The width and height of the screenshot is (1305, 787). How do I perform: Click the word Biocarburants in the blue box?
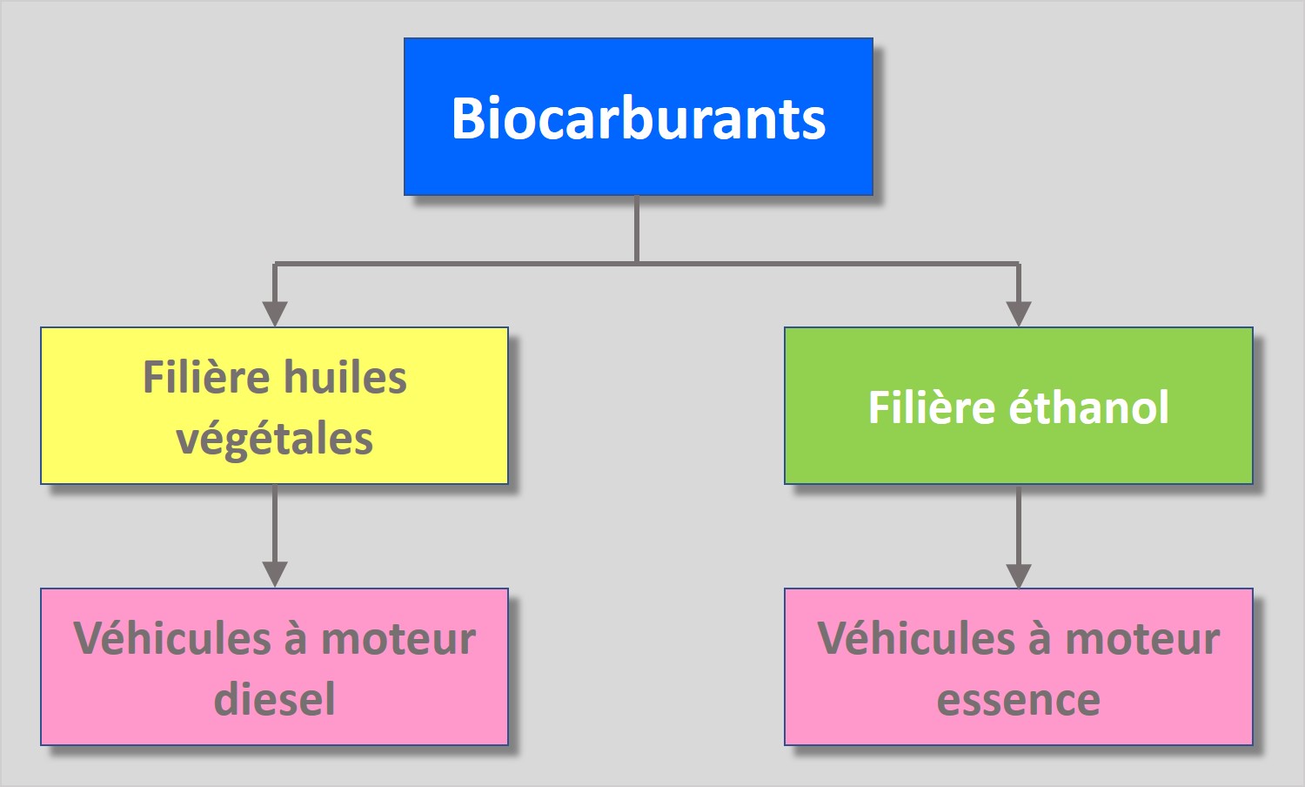[x=638, y=118]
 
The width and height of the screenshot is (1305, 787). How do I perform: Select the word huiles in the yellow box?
[x=345, y=378]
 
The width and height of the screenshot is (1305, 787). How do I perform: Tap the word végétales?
[x=274, y=438]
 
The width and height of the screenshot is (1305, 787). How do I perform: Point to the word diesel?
[x=274, y=699]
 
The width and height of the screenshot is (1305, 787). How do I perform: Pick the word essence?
[x=1018, y=699]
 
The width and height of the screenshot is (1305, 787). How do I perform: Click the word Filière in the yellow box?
[x=205, y=378]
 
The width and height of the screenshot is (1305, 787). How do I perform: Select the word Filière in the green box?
[x=931, y=407]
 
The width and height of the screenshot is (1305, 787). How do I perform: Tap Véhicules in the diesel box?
[x=172, y=638]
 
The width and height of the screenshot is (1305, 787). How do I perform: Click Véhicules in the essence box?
[x=916, y=638]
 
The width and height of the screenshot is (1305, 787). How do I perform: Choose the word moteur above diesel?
[x=398, y=640]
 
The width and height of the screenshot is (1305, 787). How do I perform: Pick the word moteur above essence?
[x=1142, y=640]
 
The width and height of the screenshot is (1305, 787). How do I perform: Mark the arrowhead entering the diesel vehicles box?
[x=275, y=574]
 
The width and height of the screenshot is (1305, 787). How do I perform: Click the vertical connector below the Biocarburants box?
[x=637, y=228]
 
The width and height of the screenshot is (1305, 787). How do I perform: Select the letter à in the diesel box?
[x=296, y=640]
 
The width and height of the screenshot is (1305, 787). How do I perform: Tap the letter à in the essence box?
[x=1040, y=640]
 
